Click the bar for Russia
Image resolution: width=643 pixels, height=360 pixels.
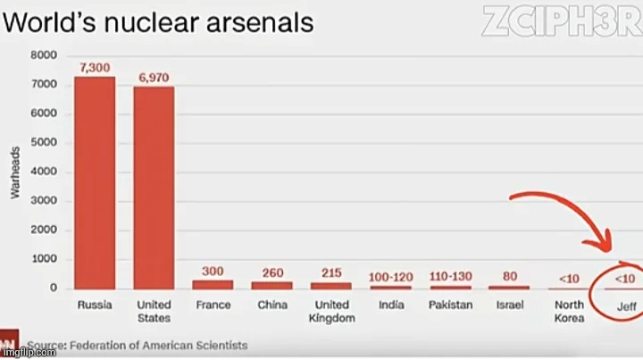pyautogui.click(x=95, y=182)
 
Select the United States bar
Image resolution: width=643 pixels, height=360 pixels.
pyautogui.click(x=154, y=187)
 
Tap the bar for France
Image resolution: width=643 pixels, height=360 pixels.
pyautogui.click(x=213, y=284)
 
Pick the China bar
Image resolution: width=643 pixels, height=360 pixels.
pyautogui.click(x=271, y=285)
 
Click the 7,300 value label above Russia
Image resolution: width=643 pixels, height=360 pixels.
pyautogui.click(x=95, y=68)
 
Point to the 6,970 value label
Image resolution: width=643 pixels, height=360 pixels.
pyautogui.click(x=154, y=78)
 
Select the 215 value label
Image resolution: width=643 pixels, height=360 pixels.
pyautogui.click(x=331, y=272)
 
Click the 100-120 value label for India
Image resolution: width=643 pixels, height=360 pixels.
pyautogui.click(x=390, y=276)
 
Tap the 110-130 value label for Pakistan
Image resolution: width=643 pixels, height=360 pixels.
pyautogui.click(x=450, y=276)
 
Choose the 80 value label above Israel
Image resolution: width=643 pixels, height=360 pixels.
pyautogui.click(x=509, y=276)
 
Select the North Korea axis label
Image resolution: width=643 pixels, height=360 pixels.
pyautogui.click(x=569, y=311)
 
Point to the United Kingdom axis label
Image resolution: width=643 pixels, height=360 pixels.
pyautogui.click(x=331, y=311)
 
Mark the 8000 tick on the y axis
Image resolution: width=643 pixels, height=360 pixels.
pyautogui.click(x=44, y=55)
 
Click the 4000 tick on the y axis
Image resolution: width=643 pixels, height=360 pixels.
pyautogui.click(x=44, y=172)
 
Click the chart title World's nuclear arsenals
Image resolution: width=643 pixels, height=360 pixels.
pyautogui.click(x=158, y=22)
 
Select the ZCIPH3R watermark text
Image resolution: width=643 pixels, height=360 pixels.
pyautogui.click(x=561, y=21)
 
